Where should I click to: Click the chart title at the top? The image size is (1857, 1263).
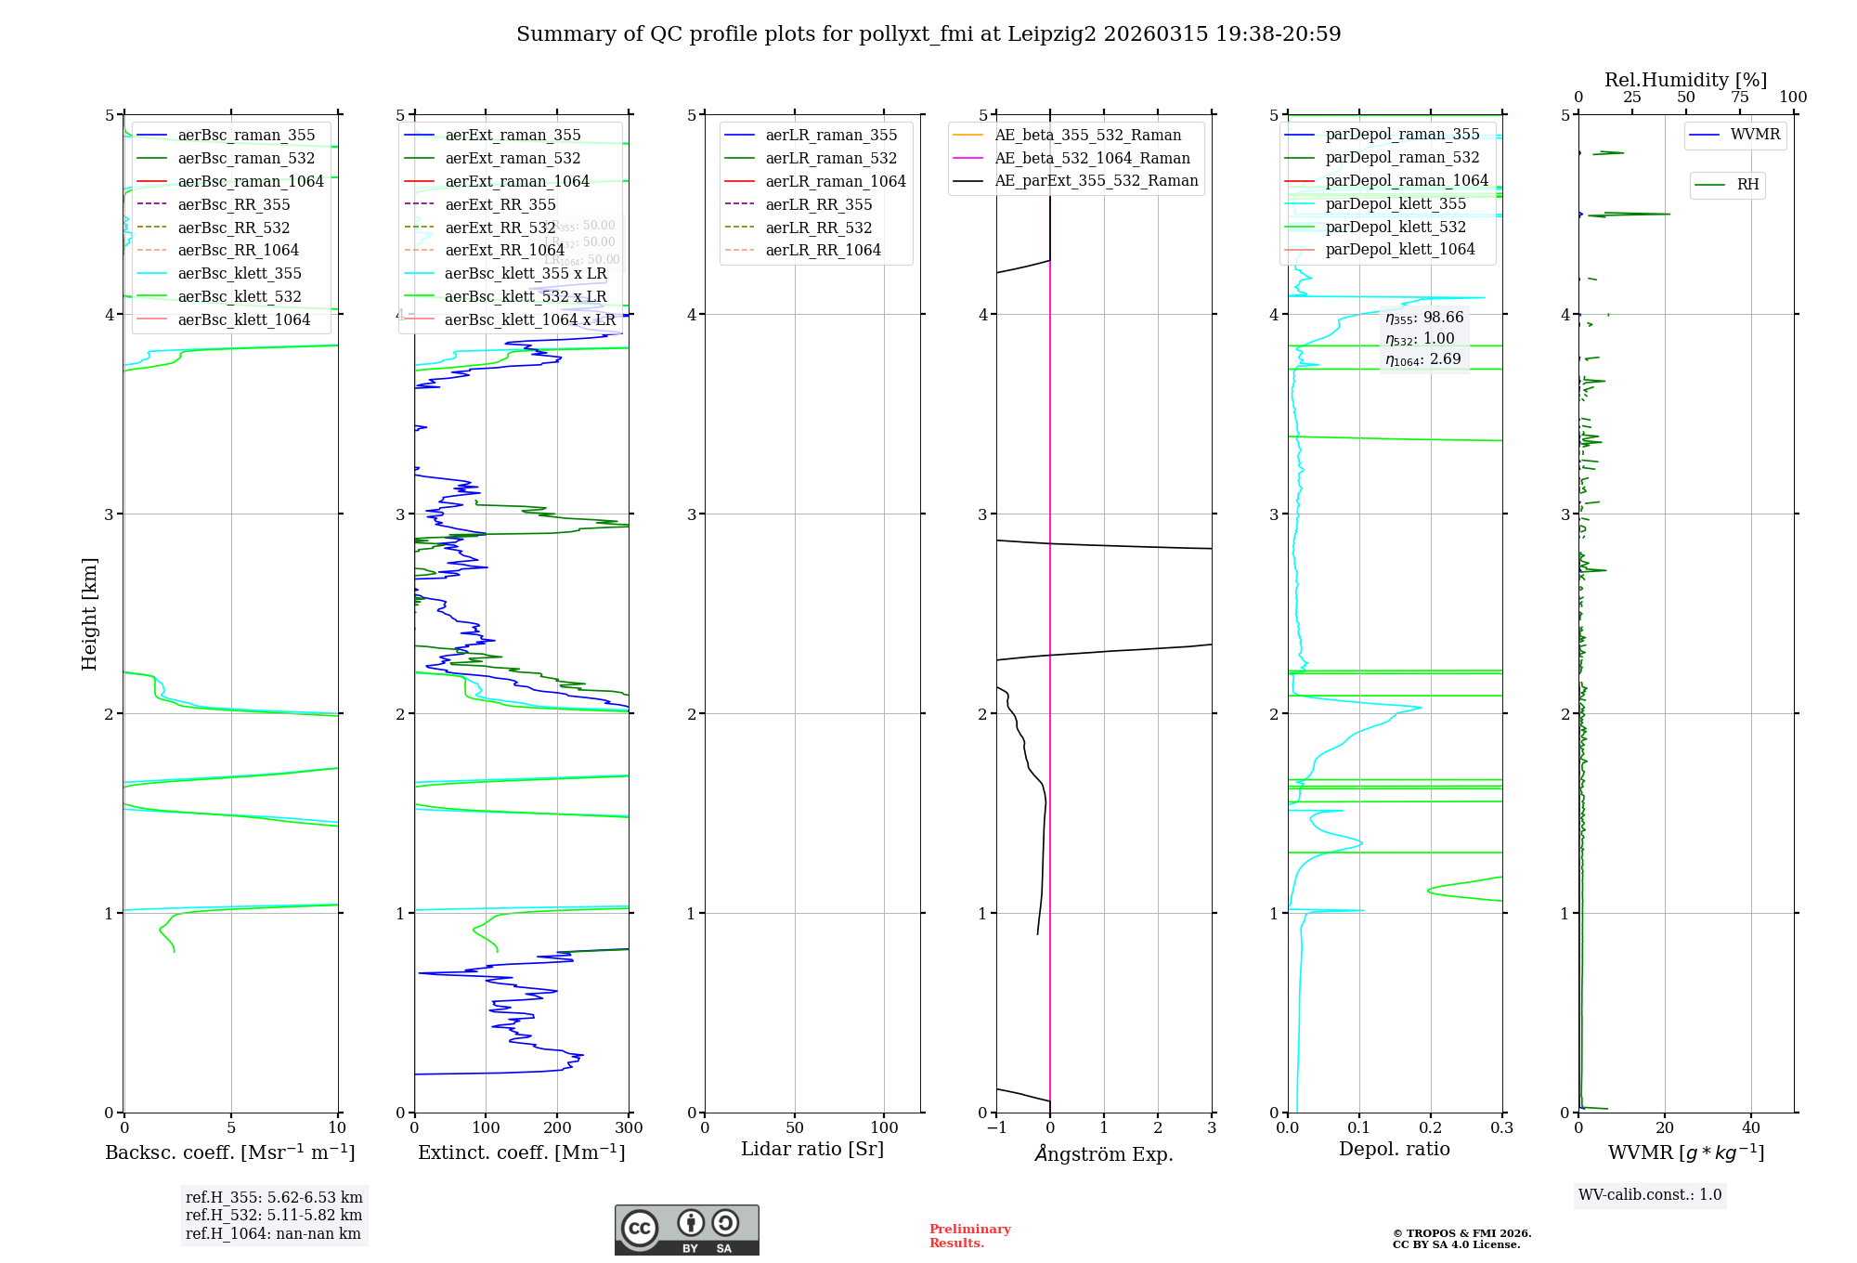(928, 34)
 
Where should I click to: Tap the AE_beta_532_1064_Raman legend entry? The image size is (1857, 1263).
(1092, 158)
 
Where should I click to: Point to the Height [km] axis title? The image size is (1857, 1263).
(89, 613)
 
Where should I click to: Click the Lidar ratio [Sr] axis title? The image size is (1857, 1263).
(812, 1149)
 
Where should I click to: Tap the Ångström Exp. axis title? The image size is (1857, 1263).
(1104, 1153)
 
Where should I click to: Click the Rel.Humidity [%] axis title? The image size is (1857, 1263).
(1685, 80)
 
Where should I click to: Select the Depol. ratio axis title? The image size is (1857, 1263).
(1394, 1149)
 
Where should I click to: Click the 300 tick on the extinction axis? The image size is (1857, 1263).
(629, 1127)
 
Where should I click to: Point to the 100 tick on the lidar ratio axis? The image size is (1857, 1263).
(884, 1127)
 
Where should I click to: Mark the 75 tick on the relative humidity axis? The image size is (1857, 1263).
(1739, 97)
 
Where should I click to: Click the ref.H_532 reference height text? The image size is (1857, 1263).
(274, 1215)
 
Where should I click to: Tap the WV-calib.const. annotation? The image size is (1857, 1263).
(1650, 1194)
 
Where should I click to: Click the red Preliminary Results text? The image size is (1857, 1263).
(969, 1235)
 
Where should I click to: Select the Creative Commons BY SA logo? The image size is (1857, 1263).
(686, 1230)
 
